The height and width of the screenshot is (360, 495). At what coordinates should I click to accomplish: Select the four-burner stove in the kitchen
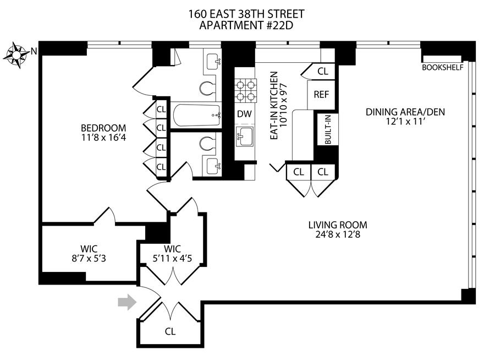(245, 90)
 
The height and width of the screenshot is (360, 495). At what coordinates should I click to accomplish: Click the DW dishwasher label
(245, 114)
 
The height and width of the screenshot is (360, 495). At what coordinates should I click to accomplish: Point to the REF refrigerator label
(321, 94)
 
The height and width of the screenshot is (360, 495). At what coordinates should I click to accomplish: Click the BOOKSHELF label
(443, 68)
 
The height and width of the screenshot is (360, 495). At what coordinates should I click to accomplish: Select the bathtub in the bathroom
(196, 115)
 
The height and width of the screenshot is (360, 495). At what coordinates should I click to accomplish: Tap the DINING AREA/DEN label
(405, 112)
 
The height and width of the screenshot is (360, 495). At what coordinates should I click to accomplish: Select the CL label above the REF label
(323, 71)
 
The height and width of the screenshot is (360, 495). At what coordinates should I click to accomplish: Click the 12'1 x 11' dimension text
(405, 123)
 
